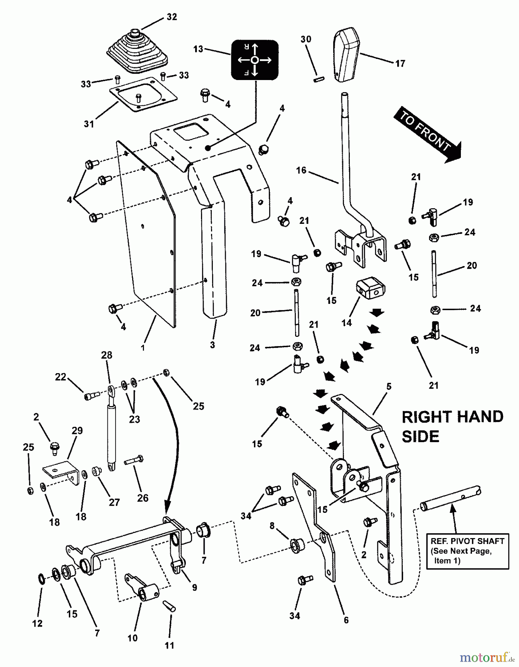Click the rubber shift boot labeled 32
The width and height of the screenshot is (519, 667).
tap(137, 52)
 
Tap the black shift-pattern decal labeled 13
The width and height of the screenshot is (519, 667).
tap(255, 60)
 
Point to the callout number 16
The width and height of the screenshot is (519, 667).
tap(301, 170)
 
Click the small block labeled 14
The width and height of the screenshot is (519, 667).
tap(370, 288)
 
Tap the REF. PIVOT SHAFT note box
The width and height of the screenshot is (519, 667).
tap(467, 551)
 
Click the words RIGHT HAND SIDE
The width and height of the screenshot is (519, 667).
tap(452, 426)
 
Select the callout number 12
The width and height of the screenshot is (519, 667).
tap(37, 623)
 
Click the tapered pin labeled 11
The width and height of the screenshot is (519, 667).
tap(170, 607)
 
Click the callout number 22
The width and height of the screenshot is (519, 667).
tap(60, 377)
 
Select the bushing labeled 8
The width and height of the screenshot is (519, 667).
tap(297, 546)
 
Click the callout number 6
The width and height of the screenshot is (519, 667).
tap(346, 620)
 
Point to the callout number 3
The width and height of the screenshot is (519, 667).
tap(212, 345)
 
